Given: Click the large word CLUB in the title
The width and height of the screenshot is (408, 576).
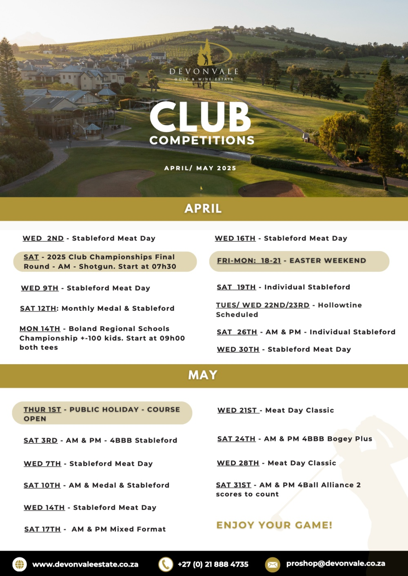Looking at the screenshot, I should (x=200, y=117).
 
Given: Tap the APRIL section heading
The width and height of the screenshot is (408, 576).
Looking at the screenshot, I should (x=203, y=209).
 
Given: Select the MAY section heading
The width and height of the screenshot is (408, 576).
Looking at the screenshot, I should (x=203, y=375).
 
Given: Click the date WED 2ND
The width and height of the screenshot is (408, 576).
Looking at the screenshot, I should (x=43, y=238).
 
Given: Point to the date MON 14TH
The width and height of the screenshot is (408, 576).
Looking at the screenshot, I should (x=40, y=329).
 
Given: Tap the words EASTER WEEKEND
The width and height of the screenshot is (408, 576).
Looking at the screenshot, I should (x=328, y=261).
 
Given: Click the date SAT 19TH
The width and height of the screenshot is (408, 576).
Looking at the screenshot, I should (x=236, y=287).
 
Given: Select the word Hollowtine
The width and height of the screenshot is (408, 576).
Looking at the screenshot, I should (x=340, y=305).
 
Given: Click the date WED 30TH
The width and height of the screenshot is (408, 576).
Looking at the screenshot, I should (x=238, y=349).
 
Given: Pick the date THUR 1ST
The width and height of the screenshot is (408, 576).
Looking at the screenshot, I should (x=42, y=410).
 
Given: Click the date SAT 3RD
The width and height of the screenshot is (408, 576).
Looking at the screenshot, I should (x=40, y=440).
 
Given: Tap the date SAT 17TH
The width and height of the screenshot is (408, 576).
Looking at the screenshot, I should (x=42, y=529).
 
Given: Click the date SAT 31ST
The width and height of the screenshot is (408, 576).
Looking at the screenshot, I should (x=233, y=485).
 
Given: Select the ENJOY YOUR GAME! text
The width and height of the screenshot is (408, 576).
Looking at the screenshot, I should (x=274, y=525).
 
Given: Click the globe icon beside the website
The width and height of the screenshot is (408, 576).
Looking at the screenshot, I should (x=19, y=565).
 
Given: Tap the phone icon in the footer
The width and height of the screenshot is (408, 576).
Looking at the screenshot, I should (x=166, y=565).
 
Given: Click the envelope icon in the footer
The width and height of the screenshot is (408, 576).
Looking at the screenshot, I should (x=273, y=565).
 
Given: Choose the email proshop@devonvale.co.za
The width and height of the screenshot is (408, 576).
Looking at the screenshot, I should (x=336, y=564).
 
